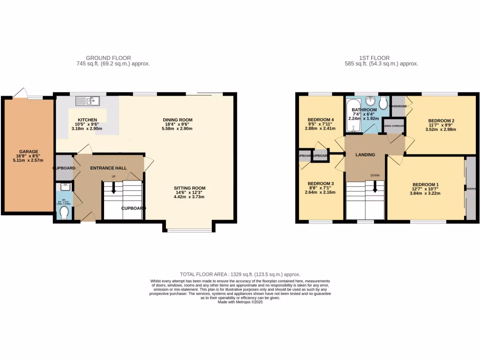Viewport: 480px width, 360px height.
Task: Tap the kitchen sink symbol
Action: [x=87, y=100]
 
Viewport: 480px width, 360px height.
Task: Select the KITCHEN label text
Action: [x=87, y=120]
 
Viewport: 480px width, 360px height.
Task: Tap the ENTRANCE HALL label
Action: [x=108, y=168]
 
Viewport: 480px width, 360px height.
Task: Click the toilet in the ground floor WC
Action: [x=65, y=213]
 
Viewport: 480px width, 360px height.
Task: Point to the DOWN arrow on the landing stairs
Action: [x=375, y=188]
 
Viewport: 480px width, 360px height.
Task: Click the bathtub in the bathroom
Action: [x=352, y=115]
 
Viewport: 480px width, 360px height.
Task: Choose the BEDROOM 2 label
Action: [x=441, y=121]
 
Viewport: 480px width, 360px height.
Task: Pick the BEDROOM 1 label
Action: [x=426, y=184]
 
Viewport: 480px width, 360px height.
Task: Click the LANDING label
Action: [x=365, y=155]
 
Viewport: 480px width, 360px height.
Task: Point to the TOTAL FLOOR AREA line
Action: [x=240, y=274]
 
